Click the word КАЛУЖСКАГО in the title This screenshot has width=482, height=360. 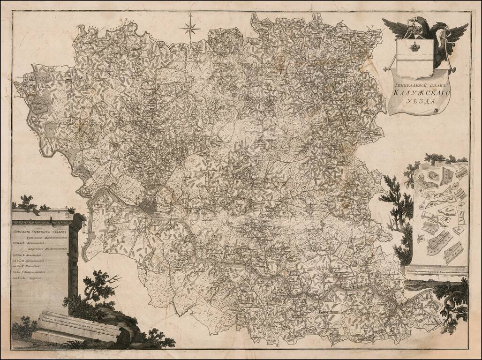pyautogui.click(x=415, y=95)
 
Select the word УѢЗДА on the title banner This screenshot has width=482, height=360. pyautogui.click(x=416, y=105)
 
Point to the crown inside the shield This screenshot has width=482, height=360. pyautogui.click(x=414, y=47)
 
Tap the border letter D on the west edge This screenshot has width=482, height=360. pyautogui.click(x=15, y=97)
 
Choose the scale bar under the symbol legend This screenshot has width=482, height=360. pyautogui.click(x=435, y=270)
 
